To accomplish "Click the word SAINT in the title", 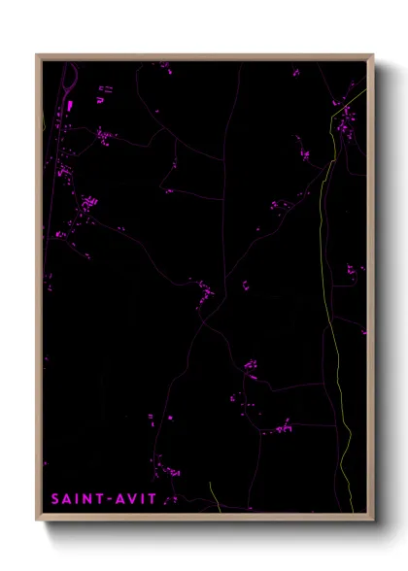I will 77,499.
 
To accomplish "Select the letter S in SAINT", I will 55,499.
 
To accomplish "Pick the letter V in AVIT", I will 128,499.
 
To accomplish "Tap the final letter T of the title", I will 151,499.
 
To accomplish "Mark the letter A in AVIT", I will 117,499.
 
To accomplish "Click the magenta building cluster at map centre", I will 204,289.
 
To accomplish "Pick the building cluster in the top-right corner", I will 345,117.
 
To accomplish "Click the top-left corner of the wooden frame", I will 38,55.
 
